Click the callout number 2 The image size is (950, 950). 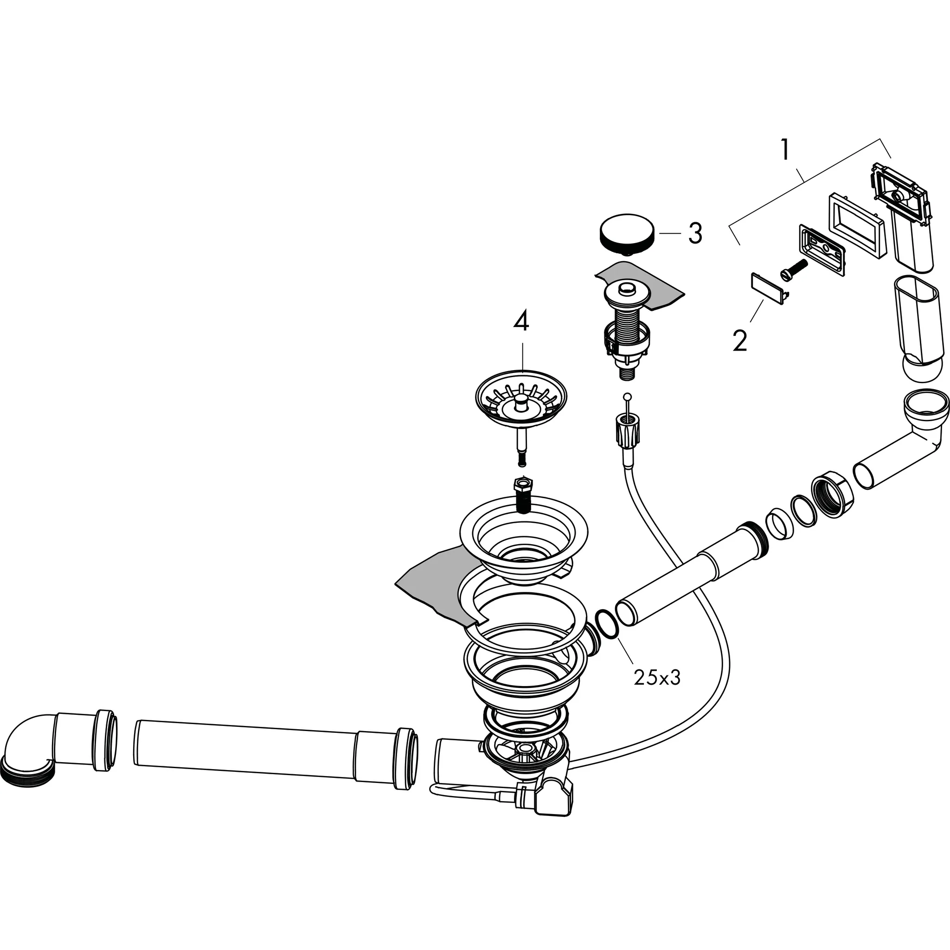click(739, 340)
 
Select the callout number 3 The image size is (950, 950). click(695, 234)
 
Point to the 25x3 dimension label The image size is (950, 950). click(657, 678)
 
